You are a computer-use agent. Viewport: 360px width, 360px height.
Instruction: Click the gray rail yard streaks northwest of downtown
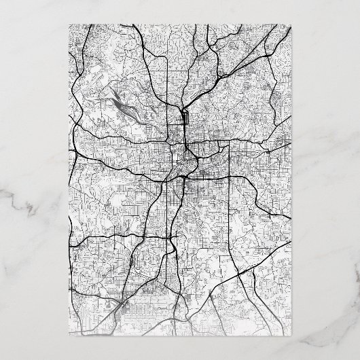[x=121, y=102]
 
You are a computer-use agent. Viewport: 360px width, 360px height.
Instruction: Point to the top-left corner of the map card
[x=71, y=24]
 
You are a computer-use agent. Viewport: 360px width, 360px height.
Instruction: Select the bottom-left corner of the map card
[x=71, y=336]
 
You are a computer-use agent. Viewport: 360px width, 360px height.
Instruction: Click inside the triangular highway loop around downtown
[x=182, y=163]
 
